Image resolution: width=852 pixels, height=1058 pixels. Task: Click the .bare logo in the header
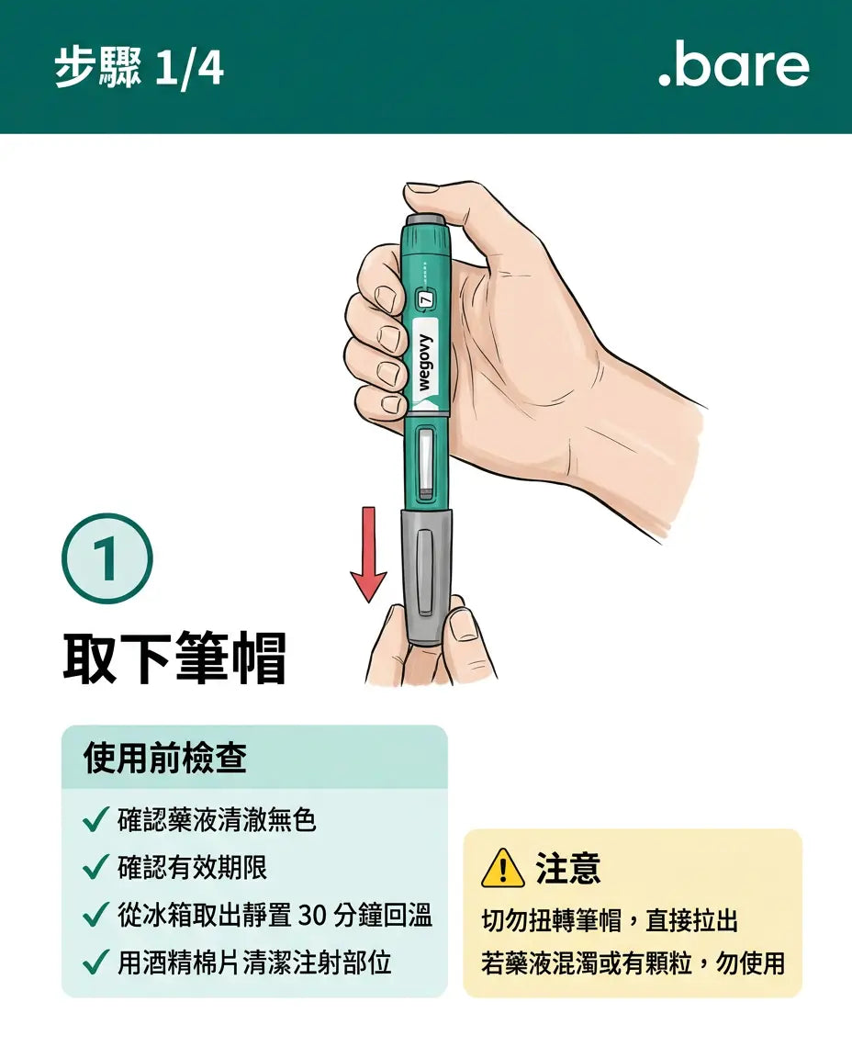tap(734, 66)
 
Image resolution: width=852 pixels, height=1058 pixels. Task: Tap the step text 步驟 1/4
tap(139, 68)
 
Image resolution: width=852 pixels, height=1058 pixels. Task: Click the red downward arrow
tap(368, 554)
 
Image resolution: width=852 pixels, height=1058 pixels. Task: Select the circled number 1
tap(107, 558)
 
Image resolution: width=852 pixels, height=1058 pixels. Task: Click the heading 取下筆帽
tap(175, 658)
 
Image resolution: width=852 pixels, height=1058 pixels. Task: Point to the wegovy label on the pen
tap(426, 363)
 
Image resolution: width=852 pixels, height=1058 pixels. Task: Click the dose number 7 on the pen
tap(426, 300)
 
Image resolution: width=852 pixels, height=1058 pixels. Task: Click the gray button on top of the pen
tap(425, 220)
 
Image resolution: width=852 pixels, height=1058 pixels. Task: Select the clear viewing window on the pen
tap(426, 463)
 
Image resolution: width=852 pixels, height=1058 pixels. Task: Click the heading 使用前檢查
tap(165, 757)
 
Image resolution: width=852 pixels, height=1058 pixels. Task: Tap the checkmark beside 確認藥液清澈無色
tap(95, 820)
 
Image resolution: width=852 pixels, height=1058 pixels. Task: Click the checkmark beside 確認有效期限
tap(95, 867)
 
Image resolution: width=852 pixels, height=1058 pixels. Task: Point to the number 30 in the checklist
tap(311, 916)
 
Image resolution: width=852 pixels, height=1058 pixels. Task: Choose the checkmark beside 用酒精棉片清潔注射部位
tap(95, 962)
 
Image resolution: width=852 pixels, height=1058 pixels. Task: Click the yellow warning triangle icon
tap(502, 869)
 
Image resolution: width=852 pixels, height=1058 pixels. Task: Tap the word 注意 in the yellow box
tap(567, 869)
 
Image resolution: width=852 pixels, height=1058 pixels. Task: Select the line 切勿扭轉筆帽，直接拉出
tap(610, 920)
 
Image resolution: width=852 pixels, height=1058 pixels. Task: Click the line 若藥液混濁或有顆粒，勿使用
tap(633, 962)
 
